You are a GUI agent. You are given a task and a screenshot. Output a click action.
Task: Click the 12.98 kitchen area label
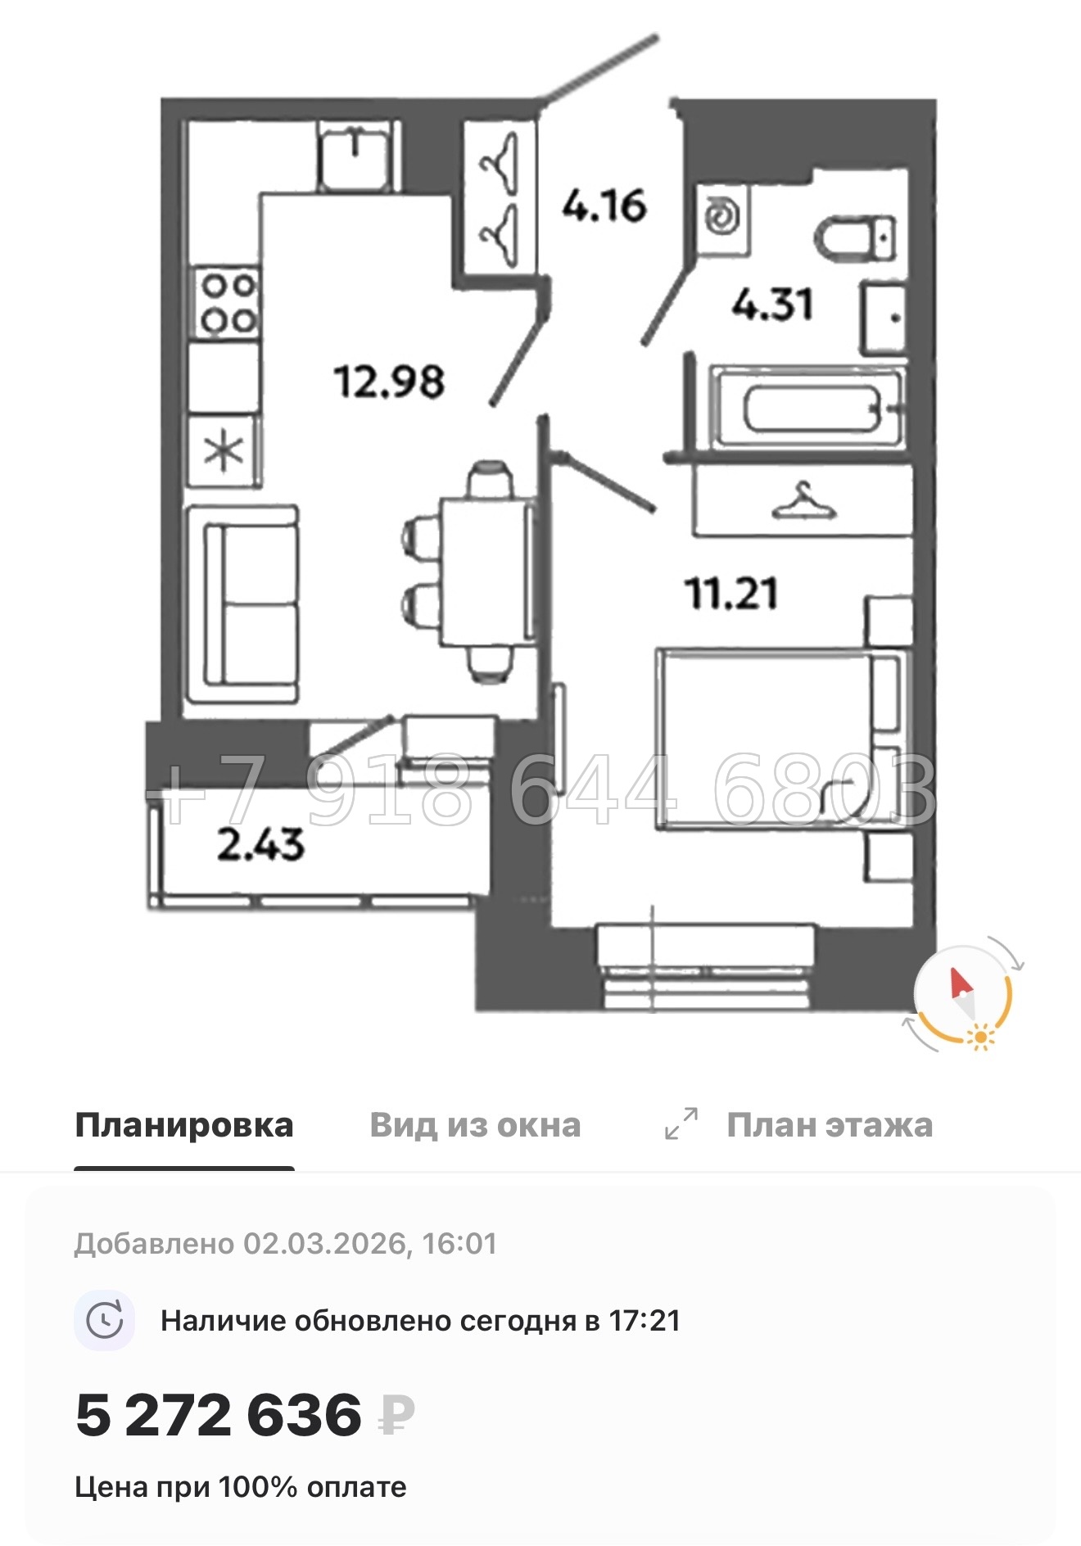389,382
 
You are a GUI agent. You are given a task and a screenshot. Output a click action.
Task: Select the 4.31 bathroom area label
772,305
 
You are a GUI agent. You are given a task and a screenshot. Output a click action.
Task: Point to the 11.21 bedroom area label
731,593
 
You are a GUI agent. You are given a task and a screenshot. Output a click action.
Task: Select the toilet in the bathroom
856,237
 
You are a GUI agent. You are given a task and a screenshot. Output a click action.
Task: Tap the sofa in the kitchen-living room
243,605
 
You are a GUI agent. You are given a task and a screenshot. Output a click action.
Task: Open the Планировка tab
184,1125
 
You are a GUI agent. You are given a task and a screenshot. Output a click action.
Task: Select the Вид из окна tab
475,1125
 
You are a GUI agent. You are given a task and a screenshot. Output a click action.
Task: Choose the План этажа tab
829,1125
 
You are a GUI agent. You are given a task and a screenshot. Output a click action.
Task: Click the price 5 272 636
219,1414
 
